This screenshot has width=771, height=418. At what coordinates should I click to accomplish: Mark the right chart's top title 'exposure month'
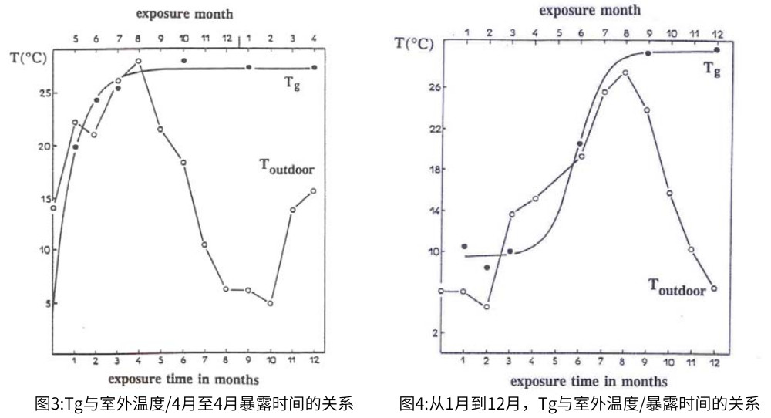(589, 10)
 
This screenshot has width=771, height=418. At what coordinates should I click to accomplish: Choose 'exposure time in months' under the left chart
(183, 379)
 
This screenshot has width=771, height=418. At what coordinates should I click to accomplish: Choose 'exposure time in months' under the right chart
(589, 381)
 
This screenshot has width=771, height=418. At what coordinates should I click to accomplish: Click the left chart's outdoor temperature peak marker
(139, 61)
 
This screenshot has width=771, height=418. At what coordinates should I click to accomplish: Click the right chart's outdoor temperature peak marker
(625, 72)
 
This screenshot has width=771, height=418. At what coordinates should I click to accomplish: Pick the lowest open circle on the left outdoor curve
(271, 303)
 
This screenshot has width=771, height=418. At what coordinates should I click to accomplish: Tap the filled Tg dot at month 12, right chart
(717, 50)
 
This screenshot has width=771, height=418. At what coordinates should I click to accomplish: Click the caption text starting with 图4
(579, 403)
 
